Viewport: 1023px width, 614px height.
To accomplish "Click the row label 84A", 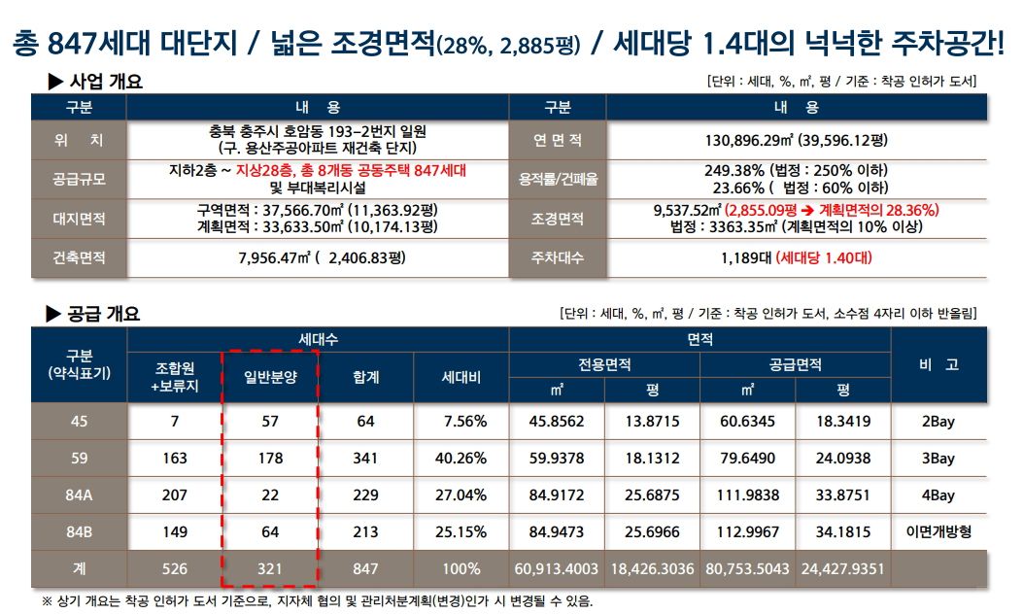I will [x=79, y=495].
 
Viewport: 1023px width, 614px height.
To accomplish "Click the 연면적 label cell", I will [x=558, y=140].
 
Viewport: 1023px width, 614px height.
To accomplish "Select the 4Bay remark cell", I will [x=938, y=495].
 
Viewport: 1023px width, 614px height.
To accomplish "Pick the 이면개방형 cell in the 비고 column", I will [x=938, y=531].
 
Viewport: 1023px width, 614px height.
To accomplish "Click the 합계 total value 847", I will [x=365, y=568].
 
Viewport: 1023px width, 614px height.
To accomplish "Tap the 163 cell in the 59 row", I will [x=175, y=458].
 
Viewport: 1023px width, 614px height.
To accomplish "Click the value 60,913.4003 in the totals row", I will [x=557, y=568].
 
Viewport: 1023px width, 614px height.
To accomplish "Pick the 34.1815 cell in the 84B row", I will [x=843, y=531].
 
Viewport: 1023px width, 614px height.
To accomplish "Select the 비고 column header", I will [x=938, y=364].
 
